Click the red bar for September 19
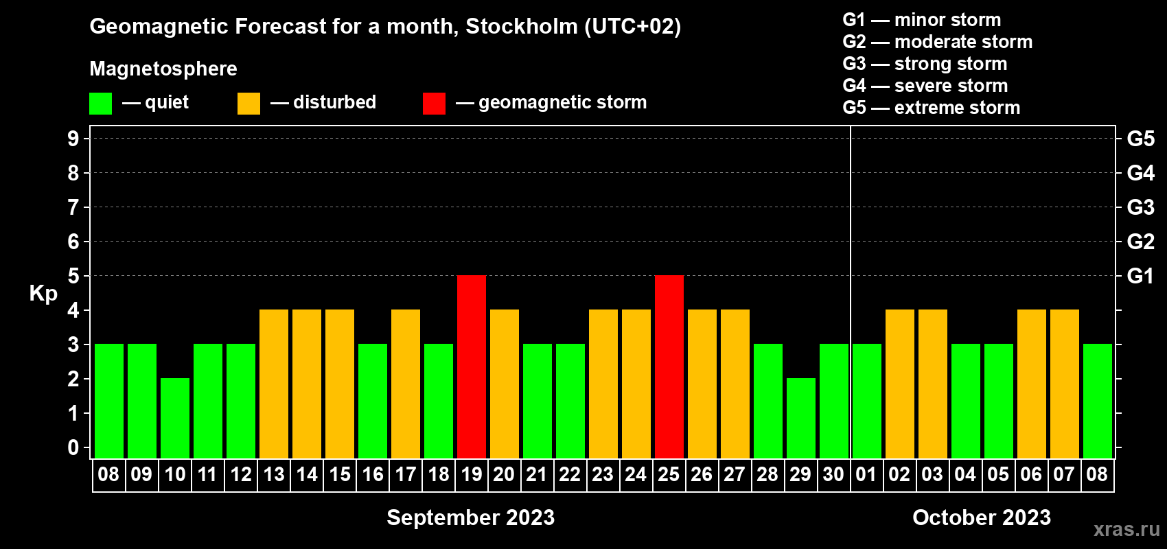[x=472, y=366]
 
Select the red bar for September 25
[x=669, y=366]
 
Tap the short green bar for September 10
[x=175, y=418]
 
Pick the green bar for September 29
[x=801, y=418]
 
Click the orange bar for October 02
[x=900, y=384]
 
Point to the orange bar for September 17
[x=406, y=384]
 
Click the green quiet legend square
[x=100, y=103]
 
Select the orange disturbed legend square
[x=249, y=103]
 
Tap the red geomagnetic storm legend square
[x=435, y=103]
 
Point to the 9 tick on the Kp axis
[x=73, y=139]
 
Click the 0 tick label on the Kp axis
[x=73, y=447]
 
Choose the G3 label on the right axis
[x=1140, y=207]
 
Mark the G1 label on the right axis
[x=1140, y=276]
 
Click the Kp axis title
[x=43, y=294]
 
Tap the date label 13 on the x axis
[x=274, y=474]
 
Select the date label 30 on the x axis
[x=833, y=474]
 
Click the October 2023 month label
[x=982, y=517]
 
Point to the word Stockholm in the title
[x=522, y=26]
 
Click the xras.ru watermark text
[x=1126, y=529]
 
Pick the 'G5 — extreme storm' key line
[x=932, y=108]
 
